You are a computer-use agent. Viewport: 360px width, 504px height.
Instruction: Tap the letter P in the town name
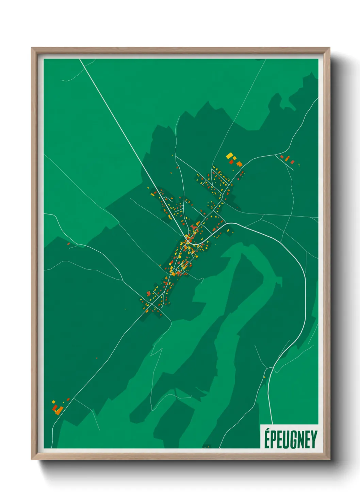tap(274, 440)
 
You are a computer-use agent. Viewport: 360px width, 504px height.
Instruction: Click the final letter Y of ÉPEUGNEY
tap(314, 440)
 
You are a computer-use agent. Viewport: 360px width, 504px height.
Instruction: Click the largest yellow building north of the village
tap(230, 156)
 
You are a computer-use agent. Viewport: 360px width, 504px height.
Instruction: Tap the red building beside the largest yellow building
tap(231, 161)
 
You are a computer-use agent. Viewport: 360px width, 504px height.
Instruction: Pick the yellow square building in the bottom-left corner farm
tap(53, 402)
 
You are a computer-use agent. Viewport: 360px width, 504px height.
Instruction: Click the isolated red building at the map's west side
tap(68, 243)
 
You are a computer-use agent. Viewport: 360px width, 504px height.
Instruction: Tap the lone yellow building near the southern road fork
tap(264, 377)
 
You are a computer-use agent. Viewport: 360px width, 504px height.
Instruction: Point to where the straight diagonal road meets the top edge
tap(80, 59)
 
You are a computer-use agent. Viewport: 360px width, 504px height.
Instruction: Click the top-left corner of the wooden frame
tap(32, 48)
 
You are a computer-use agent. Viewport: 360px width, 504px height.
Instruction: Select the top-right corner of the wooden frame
tap(329, 48)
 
